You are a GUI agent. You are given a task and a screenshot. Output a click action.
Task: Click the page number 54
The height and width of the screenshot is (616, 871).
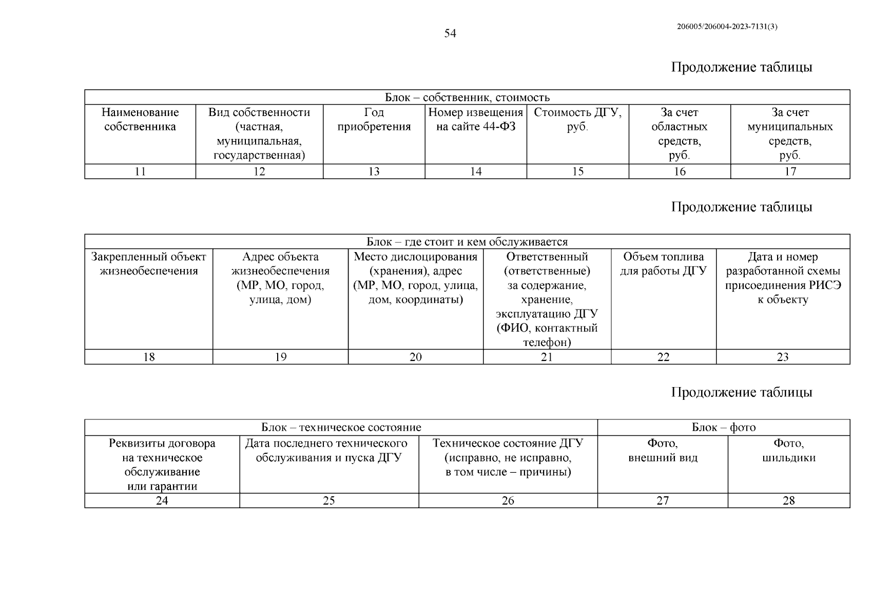450,34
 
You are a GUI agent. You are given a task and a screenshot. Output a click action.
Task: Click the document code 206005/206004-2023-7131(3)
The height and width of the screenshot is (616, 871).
727,27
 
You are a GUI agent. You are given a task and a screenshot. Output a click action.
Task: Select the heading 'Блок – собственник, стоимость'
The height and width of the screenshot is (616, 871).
467,98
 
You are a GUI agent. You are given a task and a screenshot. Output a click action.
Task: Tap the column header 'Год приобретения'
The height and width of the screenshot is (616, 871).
374,120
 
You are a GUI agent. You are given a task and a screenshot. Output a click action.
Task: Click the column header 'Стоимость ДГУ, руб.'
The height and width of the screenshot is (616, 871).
577,120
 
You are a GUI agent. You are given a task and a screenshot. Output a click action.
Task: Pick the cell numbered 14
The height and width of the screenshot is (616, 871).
476,171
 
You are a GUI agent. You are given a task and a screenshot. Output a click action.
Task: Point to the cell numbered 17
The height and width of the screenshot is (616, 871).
790,171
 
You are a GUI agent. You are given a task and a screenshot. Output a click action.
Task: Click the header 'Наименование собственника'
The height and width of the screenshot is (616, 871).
140,120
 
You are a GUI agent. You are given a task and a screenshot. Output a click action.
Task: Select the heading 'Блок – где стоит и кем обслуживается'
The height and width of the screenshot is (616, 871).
467,242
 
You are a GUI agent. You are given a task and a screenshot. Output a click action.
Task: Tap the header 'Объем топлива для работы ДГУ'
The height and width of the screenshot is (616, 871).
663,264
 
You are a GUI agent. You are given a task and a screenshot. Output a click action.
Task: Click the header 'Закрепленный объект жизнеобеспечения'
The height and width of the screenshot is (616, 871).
149,264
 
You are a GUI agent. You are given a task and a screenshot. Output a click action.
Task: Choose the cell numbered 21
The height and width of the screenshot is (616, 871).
547,357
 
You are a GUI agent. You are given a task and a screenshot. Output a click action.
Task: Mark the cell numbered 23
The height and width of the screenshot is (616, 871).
783,357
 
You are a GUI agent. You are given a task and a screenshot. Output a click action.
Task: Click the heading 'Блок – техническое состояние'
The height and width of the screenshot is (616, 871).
341,428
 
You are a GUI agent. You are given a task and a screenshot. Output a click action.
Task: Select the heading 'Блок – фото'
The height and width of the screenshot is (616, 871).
724,428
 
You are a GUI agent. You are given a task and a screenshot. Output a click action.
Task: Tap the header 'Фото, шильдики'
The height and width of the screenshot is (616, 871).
789,450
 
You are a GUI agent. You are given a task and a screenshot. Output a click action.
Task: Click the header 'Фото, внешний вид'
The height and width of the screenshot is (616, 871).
663,450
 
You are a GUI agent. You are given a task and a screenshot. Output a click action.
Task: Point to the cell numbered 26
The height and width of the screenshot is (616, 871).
508,500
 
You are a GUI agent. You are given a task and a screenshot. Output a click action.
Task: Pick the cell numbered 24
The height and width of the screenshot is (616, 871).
162,500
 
